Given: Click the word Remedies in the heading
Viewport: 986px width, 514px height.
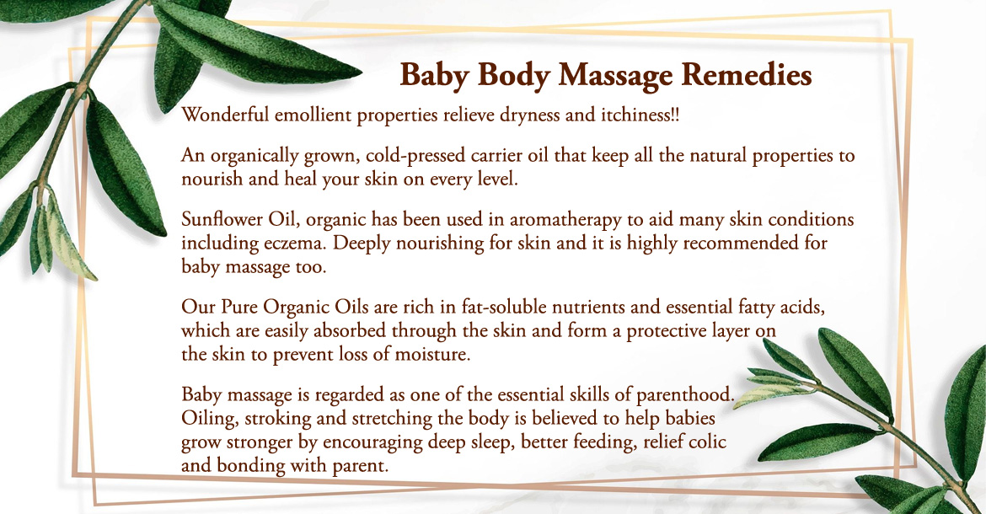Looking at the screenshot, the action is point(747,75).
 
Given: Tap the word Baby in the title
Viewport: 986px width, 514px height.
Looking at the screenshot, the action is point(435,76).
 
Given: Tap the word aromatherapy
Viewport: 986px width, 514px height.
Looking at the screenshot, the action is point(565,221).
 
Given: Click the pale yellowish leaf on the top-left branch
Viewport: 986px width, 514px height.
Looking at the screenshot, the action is point(68,236).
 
